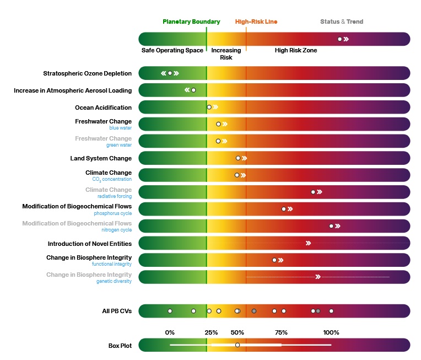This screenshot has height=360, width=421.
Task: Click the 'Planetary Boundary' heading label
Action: click(191, 22)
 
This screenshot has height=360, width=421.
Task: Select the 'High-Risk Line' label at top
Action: click(256, 22)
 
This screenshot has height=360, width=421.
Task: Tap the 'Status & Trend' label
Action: click(342, 22)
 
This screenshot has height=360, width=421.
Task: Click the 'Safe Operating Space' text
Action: click(172, 50)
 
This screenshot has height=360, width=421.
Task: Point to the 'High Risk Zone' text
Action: click(296, 50)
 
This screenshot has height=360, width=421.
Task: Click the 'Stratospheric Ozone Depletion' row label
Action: click(88, 73)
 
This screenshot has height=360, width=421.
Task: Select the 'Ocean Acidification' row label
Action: click(104, 108)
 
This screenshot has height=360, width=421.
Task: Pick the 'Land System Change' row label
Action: click(101, 158)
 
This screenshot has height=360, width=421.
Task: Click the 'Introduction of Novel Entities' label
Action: click(90, 244)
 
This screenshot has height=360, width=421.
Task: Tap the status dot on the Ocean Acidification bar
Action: click(209, 107)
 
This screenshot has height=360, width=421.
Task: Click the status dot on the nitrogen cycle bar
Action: click(331, 226)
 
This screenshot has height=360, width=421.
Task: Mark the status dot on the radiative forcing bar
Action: click(313, 192)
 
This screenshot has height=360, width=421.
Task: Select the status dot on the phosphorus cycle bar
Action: click(284, 209)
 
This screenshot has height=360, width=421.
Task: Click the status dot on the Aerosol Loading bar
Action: click(193, 90)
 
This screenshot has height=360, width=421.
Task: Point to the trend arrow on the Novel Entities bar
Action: click(308, 243)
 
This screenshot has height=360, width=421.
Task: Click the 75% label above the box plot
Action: click(281, 332)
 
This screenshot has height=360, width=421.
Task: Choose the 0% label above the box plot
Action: click(170, 332)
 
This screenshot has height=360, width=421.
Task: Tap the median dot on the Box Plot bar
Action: click(238, 345)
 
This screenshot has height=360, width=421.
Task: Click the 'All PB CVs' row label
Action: click(117, 311)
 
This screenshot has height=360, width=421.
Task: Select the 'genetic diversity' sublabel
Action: click(114, 281)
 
